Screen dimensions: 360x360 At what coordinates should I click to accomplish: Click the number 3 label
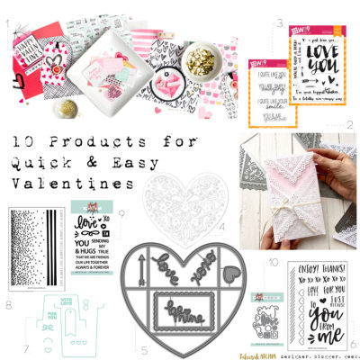point(281,22)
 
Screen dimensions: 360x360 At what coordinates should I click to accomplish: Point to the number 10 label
point(274,261)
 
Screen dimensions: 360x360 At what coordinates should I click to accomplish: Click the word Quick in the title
point(37,164)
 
